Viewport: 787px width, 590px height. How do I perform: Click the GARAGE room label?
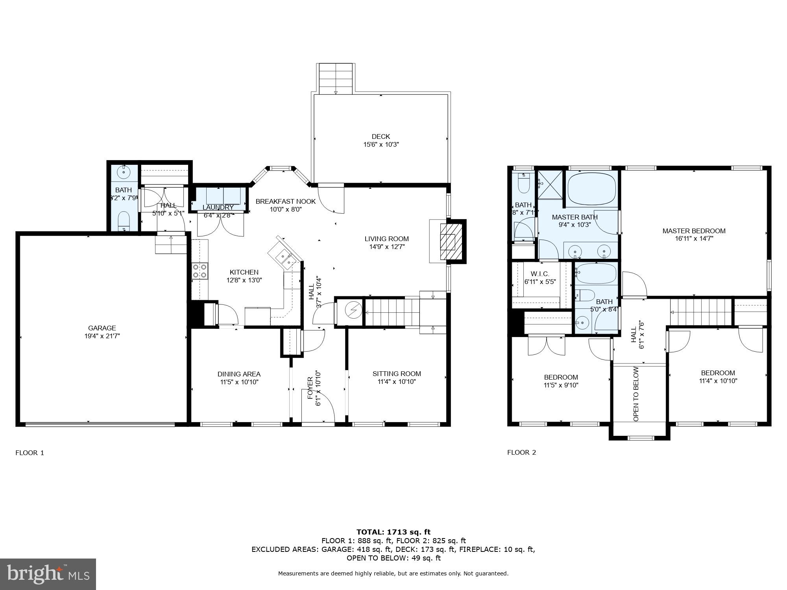coord(102,328)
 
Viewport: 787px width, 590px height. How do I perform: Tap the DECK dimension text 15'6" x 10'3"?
coord(381,144)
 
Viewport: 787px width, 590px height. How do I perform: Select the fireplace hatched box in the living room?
coord(448,241)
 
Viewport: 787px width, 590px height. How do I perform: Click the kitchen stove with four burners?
coord(200,271)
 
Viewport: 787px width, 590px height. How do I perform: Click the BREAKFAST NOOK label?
coord(285,201)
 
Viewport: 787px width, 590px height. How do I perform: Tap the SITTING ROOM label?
coord(397,374)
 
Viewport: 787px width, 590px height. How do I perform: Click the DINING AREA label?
coord(239,374)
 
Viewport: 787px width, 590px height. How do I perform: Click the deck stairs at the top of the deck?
coord(335,79)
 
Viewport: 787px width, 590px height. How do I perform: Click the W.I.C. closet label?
coord(540,274)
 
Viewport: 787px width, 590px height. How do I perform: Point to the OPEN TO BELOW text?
coord(636,394)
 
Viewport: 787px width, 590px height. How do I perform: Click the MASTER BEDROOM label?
coord(694,231)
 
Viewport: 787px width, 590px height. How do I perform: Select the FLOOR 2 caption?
coord(521,452)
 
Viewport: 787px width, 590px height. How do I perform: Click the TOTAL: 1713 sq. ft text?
coord(393,532)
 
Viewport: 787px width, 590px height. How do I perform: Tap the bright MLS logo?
coord(48,574)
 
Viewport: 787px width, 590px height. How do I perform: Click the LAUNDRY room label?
coord(218,207)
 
